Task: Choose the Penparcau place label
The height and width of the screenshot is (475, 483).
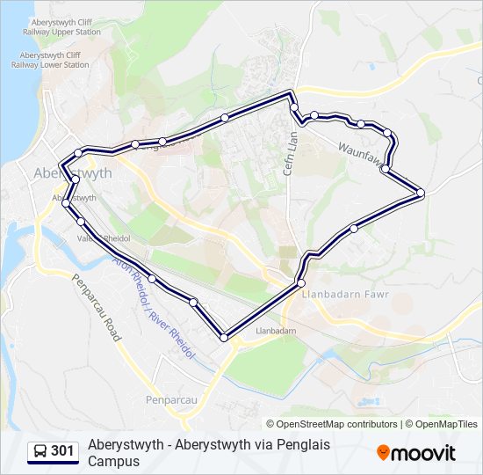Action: [171, 399]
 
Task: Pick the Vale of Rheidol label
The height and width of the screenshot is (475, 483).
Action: [104, 238]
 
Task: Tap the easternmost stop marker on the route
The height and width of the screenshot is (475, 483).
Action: [421, 193]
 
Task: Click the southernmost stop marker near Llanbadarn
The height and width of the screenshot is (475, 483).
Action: [224, 338]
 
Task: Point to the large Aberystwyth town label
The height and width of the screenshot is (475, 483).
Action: [72, 173]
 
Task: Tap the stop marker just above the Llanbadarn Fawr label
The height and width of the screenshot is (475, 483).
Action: [301, 283]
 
